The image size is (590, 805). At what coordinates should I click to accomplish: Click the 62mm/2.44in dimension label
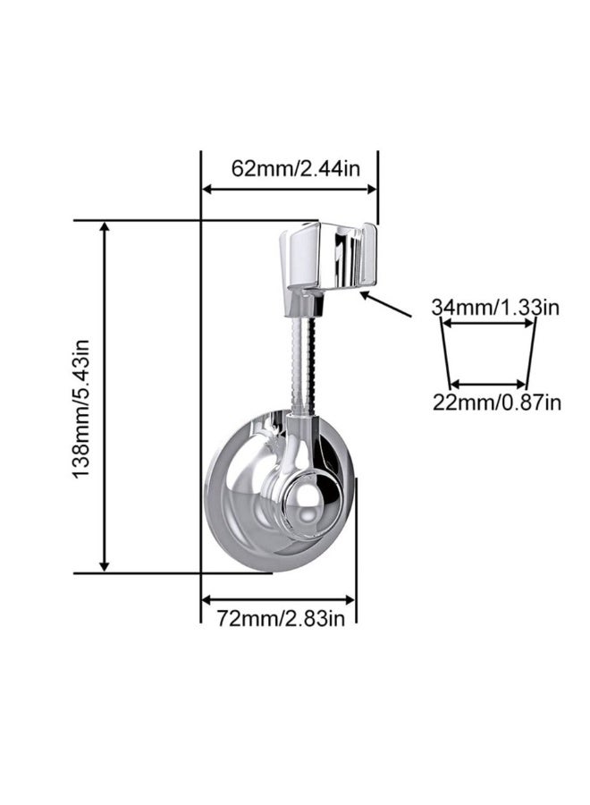click(290, 167)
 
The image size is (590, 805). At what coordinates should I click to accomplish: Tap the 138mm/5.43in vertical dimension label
click(82, 396)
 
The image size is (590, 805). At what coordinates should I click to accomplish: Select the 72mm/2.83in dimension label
click(280, 617)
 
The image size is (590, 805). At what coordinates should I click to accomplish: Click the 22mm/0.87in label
click(497, 402)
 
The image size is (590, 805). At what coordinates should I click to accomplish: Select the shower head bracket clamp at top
click(325, 258)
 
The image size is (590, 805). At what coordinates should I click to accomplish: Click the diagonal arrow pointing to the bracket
click(386, 303)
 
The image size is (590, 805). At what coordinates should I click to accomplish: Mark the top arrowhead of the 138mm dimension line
click(105, 228)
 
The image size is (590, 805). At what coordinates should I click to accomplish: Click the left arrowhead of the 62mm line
click(206, 189)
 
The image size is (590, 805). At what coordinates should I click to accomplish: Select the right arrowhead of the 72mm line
click(350, 599)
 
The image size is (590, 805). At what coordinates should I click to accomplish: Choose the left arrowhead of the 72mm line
click(206, 599)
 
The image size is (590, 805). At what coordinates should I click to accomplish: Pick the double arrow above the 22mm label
click(490, 383)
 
